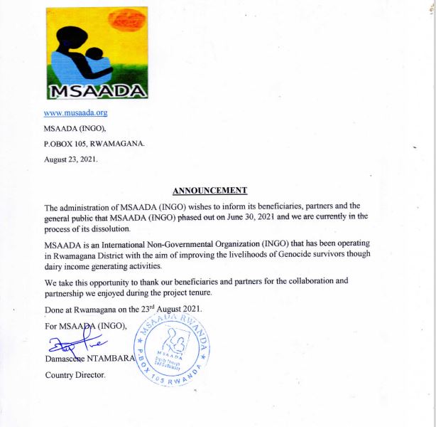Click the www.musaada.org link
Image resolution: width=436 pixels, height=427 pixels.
point(75,112)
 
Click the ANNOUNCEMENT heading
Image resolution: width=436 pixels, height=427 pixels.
point(210,190)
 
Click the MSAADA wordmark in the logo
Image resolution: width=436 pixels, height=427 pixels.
point(97,90)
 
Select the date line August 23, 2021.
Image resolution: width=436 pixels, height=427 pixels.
point(72,159)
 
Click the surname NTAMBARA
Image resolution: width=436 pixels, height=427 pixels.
point(109,359)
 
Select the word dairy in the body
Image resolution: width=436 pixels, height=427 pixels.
point(55,266)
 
